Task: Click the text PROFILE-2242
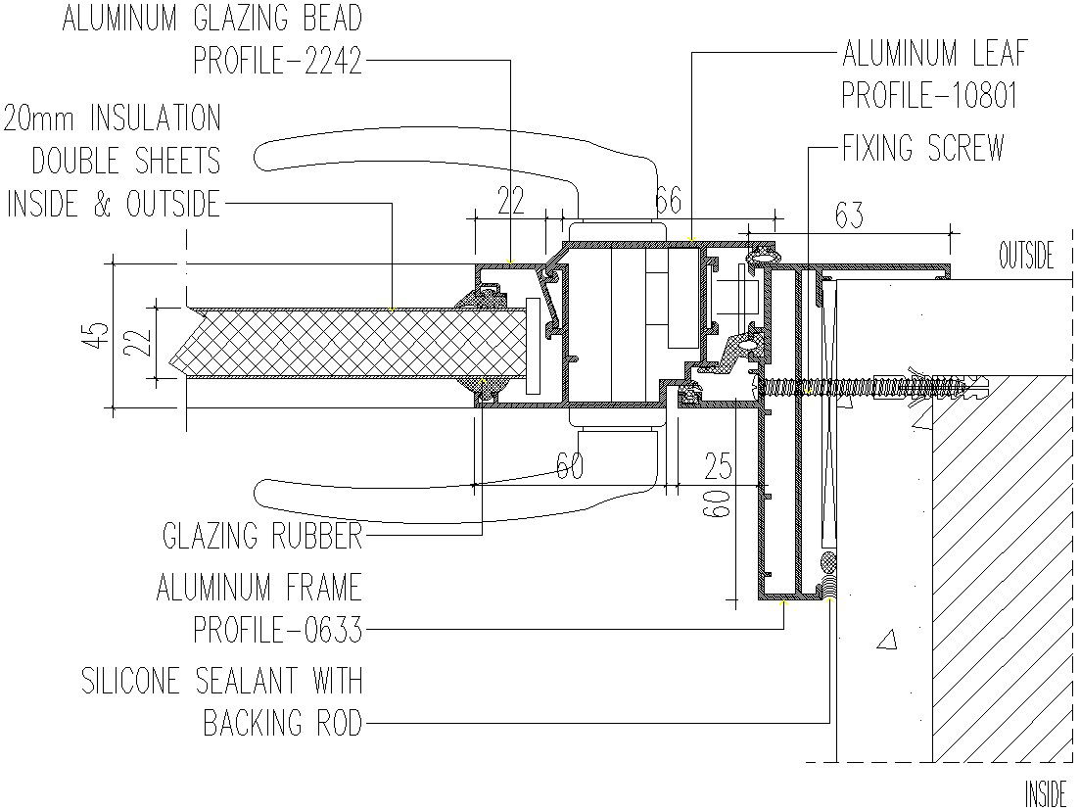[x=277, y=62]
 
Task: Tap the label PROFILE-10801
[x=929, y=96]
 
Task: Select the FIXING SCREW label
[x=923, y=148]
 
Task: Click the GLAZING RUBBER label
[x=262, y=536]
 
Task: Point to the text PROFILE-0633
[x=277, y=630]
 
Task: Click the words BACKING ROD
[x=282, y=723]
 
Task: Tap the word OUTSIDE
[x=1026, y=256]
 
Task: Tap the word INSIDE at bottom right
[x=1047, y=793]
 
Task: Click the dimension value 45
[x=99, y=336]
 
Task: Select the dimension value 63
[x=849, y=215]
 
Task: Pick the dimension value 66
[x=668, y=201]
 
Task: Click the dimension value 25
[x=718, y=466]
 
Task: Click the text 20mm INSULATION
[x=113, y=118]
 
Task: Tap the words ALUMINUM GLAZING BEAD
[x=212, y=18]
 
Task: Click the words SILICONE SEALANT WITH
[x=222, y=680]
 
